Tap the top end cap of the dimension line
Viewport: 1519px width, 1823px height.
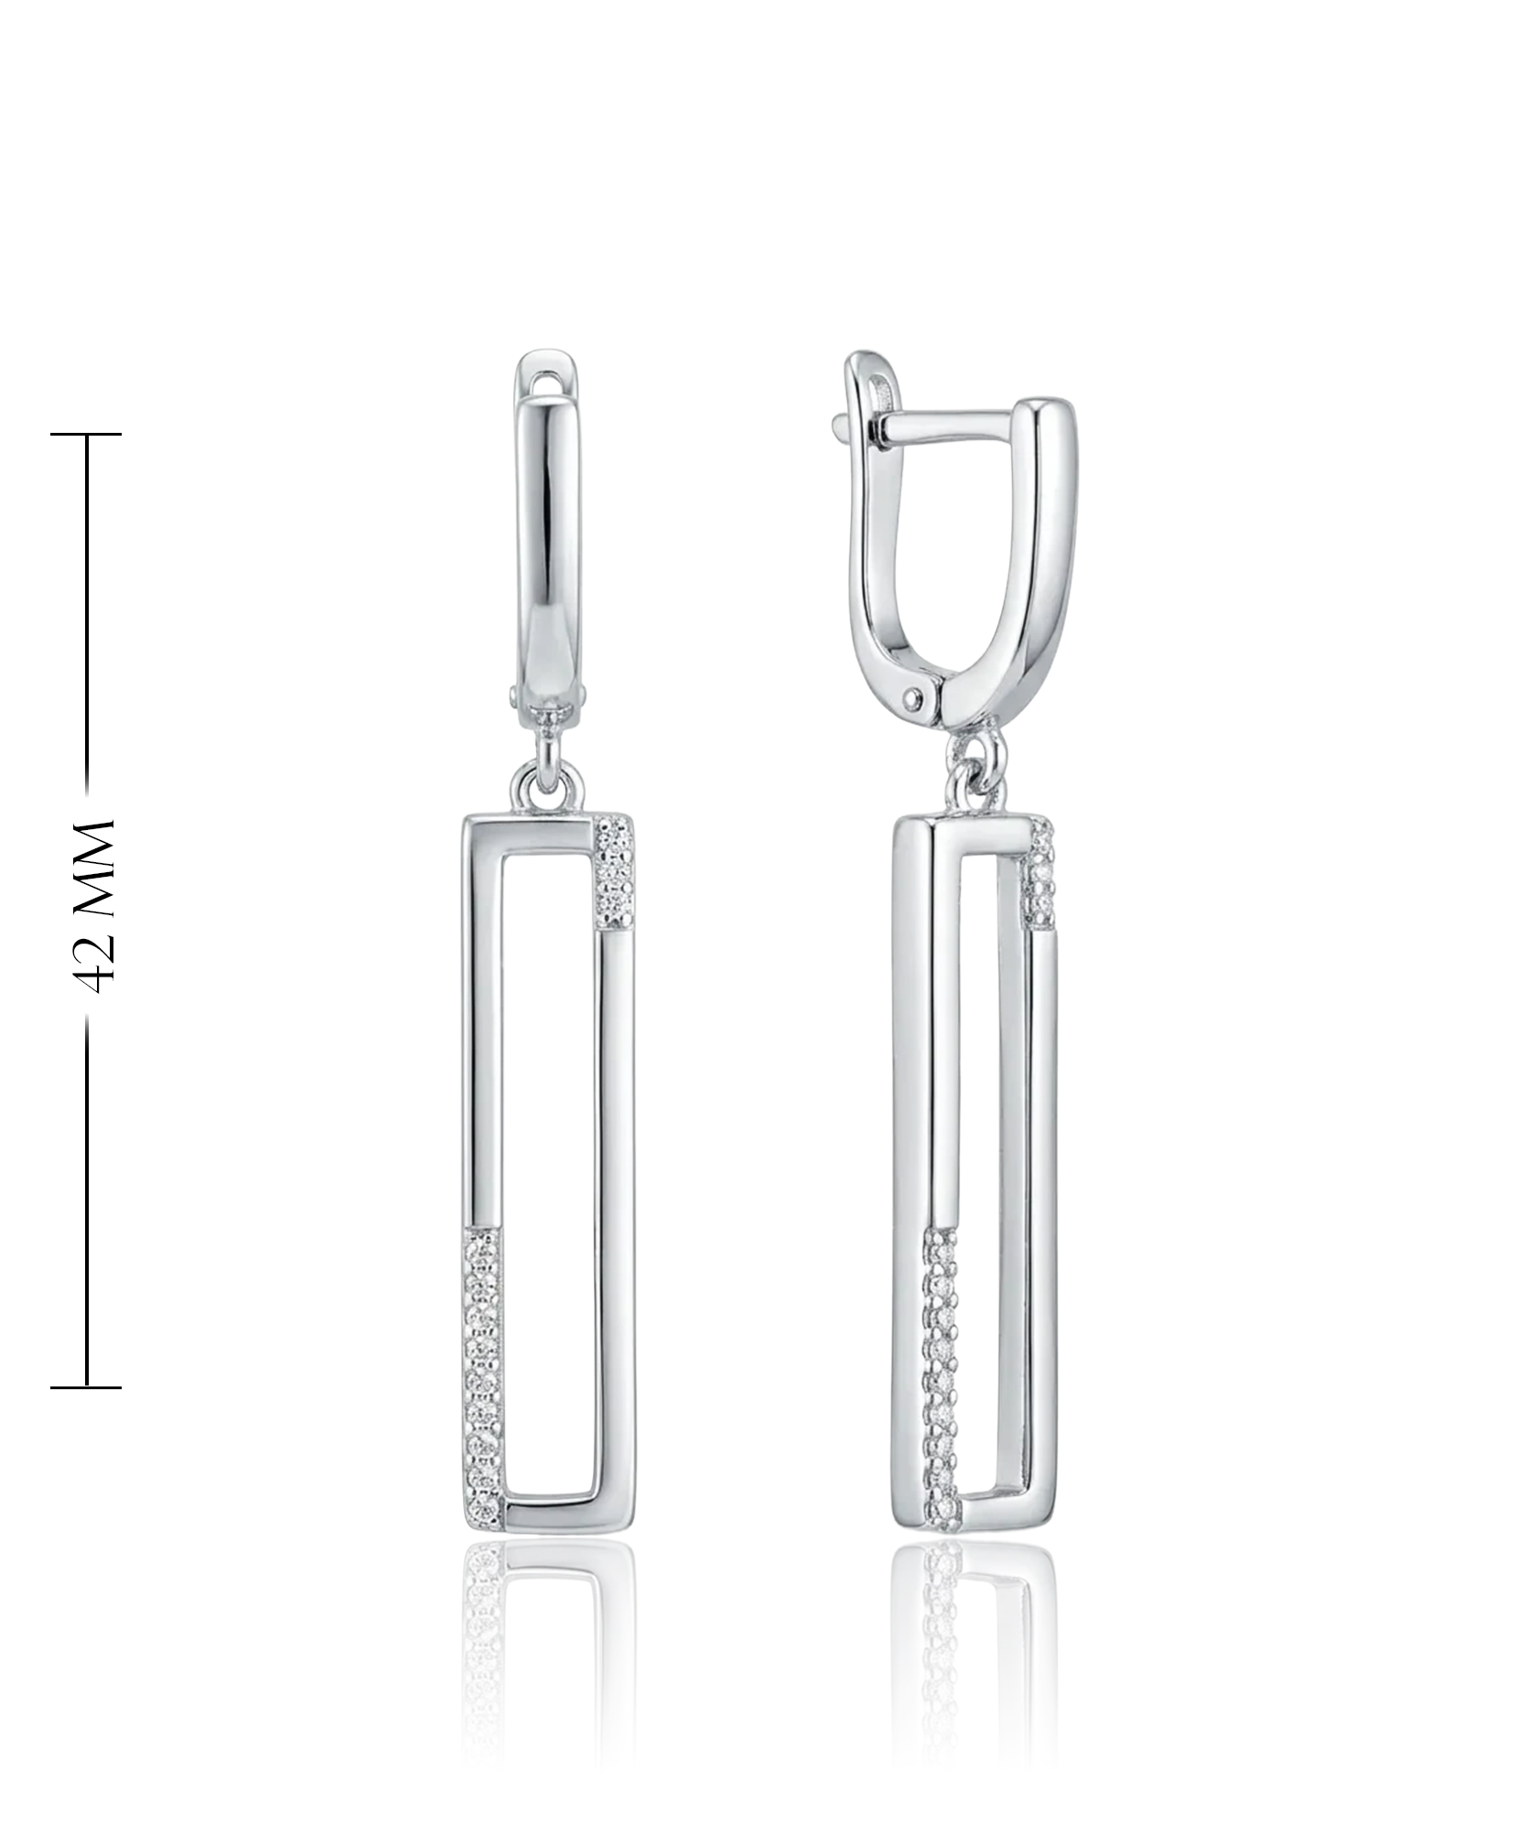(86, 434)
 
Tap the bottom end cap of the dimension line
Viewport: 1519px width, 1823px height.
(86, 1387)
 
